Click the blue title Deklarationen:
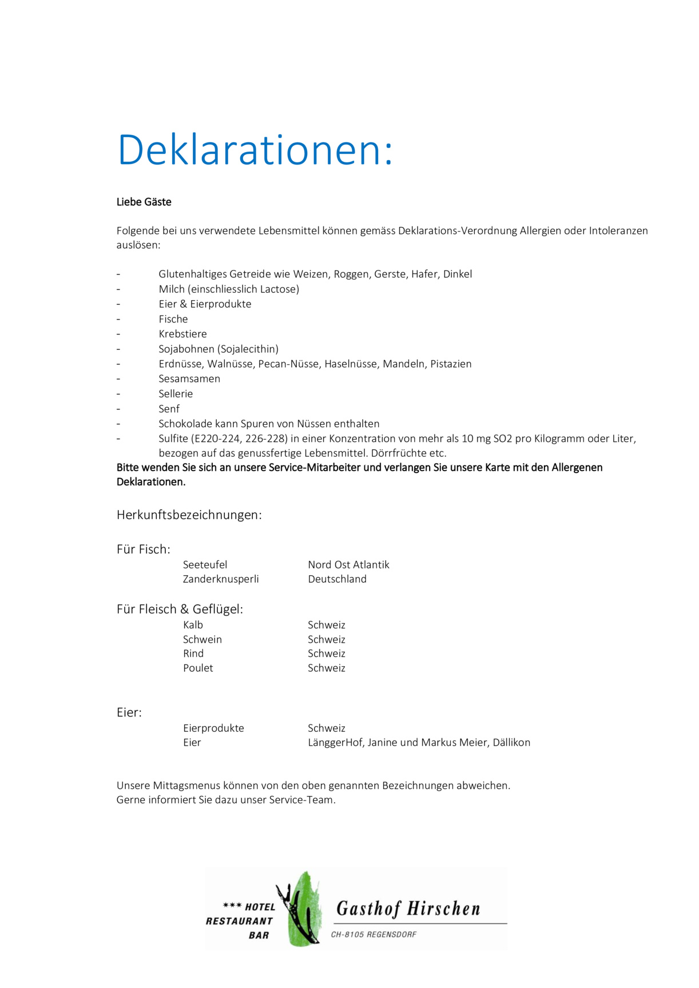[255, 150]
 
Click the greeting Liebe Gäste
[144, 202]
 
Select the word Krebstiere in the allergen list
[182, 334]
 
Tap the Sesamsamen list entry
[189, 379]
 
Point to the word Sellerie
[176, 393]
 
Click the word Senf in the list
[169, 409]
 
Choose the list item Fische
[173, 319]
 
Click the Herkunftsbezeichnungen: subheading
[189, 515]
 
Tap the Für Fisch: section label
[144, 549]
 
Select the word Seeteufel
[205, 565]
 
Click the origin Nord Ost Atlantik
[348, 565]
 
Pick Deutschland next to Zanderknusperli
[337, 579]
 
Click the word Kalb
[193, 625]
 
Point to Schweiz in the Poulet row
[327, 668]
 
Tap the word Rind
[193, 654]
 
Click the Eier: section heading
[129, 712]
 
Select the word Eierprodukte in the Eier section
[213, 728]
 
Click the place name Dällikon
[511, 742]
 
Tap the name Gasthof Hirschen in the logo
[408, 909]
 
